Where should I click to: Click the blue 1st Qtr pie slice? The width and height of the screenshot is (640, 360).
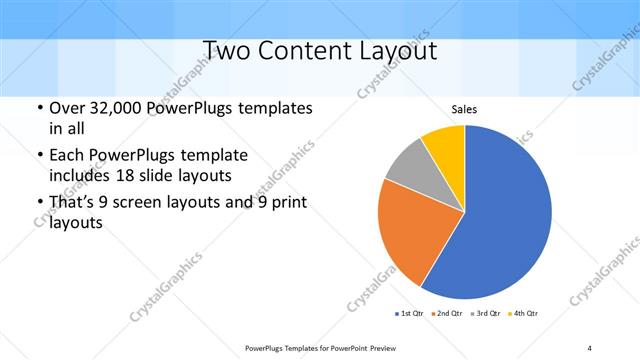pyautogui.click(x=500, y=220)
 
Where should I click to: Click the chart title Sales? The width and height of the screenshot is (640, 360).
pyautogui.click(x=465, y=108)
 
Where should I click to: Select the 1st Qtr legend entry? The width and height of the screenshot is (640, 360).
pyautogui.click(x=411, y=314)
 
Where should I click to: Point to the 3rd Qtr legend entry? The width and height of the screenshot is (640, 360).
pyautogui.click(x=486, y=314)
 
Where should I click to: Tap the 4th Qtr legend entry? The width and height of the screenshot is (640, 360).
pyautogui.click(x=525, y=314)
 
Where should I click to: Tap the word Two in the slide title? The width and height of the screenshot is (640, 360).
pyautogui.click(x=229, y=50)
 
